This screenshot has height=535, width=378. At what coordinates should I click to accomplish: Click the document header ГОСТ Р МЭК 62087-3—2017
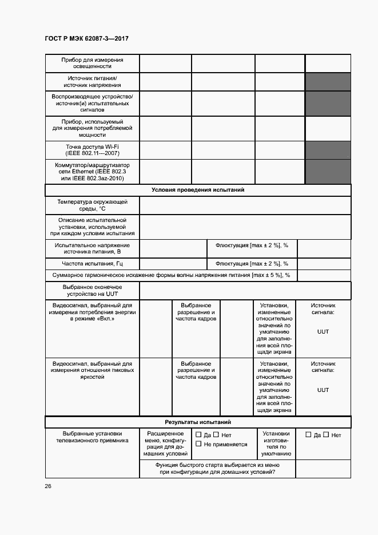(x=86, y=38)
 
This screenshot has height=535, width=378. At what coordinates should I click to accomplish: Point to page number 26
(x=48, y=486)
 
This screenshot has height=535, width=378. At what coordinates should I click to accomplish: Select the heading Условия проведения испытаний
(x=198, y=190)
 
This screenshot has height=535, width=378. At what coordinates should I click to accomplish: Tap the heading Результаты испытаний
(x=198, y=422)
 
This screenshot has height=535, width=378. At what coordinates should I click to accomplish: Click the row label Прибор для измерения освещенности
(x=92, y=63)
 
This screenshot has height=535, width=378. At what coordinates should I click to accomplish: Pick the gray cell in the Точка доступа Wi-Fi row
(x=328, y=150)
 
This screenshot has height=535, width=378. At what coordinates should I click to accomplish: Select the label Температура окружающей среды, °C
(x=92, y=205)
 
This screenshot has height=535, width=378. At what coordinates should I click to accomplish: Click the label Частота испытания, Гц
(x=92, y=264)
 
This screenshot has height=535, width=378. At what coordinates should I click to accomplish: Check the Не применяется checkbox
(x=198, y=444)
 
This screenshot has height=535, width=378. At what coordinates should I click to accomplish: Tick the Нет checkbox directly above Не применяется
(x=216, y=434)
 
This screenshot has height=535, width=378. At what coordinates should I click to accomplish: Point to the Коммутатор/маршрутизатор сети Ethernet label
(x=92, y=171)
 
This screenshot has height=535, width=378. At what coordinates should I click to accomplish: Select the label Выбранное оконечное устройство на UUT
(x=92, y=290)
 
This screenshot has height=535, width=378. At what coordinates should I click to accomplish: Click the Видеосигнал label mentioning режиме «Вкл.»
(x=92, y=312)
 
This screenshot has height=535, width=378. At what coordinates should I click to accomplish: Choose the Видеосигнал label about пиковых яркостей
(x=92, y=370)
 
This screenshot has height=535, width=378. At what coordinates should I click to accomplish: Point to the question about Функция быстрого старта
(x=217, y=469)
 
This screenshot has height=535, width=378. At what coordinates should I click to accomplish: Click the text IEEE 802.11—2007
(x=92, y=154)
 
